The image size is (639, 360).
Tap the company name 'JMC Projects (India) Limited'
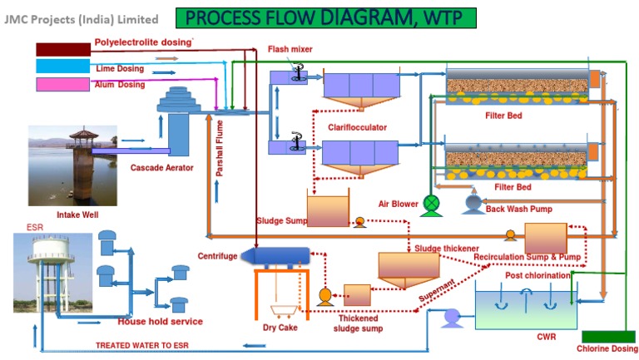(x=81, y=18)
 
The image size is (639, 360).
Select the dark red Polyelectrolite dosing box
(x=62, y=49)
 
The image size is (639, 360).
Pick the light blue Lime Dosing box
(x=62, y=67)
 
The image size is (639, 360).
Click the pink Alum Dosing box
(x=62, y=84)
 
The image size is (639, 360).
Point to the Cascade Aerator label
(x=161, y=169)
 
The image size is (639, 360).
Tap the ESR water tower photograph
(x=52, y=275)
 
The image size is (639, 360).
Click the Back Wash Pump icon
(x=473, y=203)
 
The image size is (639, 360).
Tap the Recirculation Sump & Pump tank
(x=545, y=238)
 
